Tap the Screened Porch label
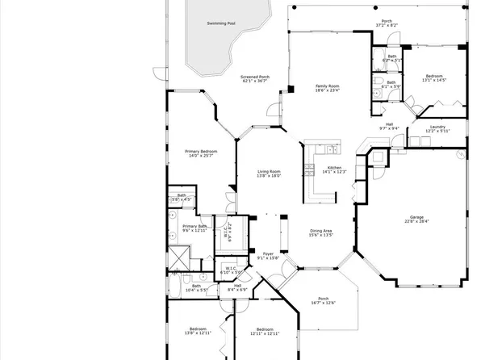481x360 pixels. [255, 77]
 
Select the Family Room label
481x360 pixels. [327, 86]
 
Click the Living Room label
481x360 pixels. [269, 171]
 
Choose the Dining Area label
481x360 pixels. [321, 232]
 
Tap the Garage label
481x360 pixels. [417, 216]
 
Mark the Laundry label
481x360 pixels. [438, 127]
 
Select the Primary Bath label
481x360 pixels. [194, 227]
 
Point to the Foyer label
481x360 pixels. [268, 254]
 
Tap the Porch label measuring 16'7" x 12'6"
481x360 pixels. [323, 297]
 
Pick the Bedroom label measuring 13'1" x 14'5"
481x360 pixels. [433, 76]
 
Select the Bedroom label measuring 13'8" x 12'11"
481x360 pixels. [198, 329]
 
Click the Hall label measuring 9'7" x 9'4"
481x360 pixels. [389, 123]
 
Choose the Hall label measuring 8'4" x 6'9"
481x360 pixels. [237, 285]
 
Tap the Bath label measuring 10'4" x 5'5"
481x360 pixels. [196, 285]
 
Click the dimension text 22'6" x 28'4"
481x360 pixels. [417, 221]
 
